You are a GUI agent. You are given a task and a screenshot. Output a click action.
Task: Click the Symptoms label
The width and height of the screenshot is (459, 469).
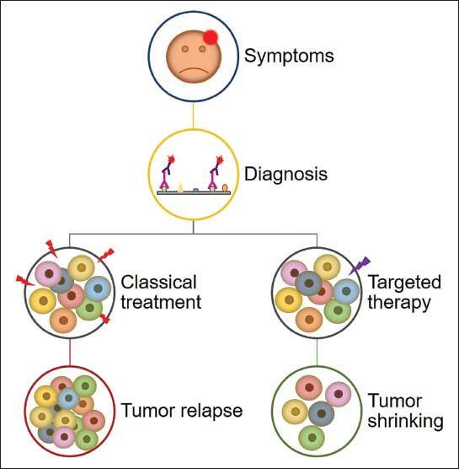tap(289, 57)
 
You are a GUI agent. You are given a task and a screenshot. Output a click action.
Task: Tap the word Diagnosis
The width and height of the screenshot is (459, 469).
tap(286, 174)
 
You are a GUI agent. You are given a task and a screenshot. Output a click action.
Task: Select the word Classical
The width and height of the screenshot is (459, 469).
tap(158, 282)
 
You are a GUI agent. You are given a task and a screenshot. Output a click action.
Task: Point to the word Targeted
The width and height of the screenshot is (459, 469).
tap(404, 283)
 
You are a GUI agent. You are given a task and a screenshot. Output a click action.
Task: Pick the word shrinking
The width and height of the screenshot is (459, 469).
tap(405, 422)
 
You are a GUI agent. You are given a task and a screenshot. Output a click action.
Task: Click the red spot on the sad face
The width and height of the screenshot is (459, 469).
tap(211, 37)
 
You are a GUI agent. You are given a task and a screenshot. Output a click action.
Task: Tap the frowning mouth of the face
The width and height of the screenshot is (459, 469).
tap(194, 71)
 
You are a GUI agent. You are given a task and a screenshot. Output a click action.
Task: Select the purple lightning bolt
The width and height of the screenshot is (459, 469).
tap(360, 266)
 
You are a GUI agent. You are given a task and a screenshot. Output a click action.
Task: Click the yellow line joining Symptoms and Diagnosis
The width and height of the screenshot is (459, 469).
tap(193, 116)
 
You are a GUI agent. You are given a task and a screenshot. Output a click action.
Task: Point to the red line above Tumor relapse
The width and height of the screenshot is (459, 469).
tap(70, 352)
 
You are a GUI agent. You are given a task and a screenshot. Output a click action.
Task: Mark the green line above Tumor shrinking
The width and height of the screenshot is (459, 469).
tap(317, 352)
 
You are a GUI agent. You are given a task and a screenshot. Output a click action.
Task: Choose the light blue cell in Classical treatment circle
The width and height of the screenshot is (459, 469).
tap(98, 288)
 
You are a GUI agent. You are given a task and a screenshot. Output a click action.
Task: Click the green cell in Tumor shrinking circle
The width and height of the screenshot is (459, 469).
tap(312, 438)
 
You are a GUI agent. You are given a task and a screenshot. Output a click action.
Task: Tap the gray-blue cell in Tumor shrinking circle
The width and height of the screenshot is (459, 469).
tap(322, 414)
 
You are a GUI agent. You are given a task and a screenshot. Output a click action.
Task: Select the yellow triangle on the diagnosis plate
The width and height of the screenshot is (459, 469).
tap(180, 187)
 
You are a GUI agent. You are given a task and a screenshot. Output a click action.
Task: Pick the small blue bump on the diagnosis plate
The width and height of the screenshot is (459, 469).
tap(195, 190)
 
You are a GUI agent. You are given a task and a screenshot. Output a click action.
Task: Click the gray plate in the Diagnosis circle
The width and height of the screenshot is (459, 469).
tap(194, 193)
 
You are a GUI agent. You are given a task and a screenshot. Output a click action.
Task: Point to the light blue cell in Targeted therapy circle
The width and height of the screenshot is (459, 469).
tap(346, 291)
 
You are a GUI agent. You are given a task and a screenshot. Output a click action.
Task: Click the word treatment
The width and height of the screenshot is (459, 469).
tap(161, 302)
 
